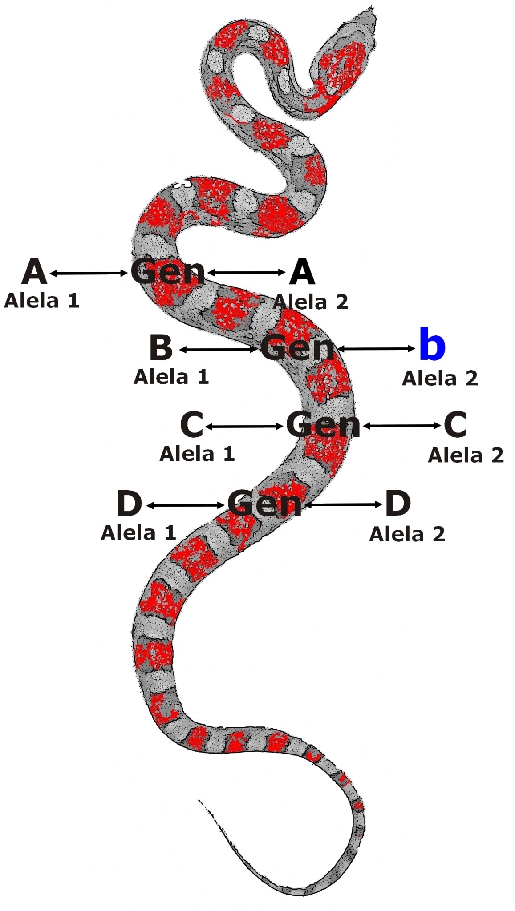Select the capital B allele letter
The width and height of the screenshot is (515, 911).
(161, 348)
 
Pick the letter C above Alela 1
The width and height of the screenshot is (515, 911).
(192, 424)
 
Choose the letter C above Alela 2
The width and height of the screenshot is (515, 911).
(455, 424)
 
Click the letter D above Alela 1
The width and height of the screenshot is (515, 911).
(129, 504)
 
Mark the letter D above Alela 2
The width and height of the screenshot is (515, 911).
(397, 503)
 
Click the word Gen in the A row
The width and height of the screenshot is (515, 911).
(167, 271)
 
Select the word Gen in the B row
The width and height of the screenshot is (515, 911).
(297, 348)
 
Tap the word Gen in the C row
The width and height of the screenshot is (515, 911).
(323, 425)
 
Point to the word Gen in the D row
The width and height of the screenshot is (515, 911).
(264, 504)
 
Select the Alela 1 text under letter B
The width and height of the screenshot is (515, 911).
(171, 377)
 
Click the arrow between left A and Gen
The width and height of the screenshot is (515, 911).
(89, 273)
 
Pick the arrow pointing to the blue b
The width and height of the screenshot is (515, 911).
(377, 349)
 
